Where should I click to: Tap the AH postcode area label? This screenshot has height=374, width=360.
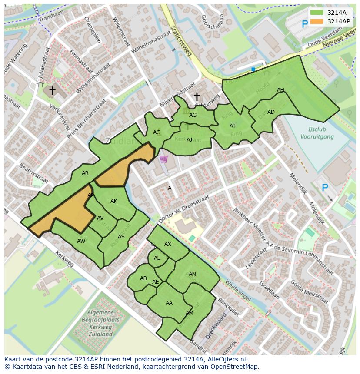coord(280,90)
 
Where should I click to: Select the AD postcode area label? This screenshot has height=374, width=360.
coord(271,112)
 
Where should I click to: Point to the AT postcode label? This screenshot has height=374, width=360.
coord(233,126)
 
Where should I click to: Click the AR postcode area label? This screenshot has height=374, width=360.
coord(85,173)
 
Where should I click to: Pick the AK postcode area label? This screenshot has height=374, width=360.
coord(114,201)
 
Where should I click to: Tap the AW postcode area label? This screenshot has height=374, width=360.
coord(81,241)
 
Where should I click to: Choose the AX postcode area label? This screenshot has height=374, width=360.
coord(168,244)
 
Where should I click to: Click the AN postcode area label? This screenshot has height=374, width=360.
coord(192,274)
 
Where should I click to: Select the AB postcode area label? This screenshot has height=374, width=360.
coord(143,278)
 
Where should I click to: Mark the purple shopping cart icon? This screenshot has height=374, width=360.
coord(163,159)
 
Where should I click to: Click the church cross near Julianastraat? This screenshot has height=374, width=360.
coord(52,90)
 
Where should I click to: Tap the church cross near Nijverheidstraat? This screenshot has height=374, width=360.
coord(197,96)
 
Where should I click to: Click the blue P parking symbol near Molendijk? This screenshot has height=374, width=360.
coord(324,188)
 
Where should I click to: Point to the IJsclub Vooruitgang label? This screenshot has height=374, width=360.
coord(317,133)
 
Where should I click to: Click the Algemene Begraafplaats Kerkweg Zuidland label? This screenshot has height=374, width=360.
coord(100,323)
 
